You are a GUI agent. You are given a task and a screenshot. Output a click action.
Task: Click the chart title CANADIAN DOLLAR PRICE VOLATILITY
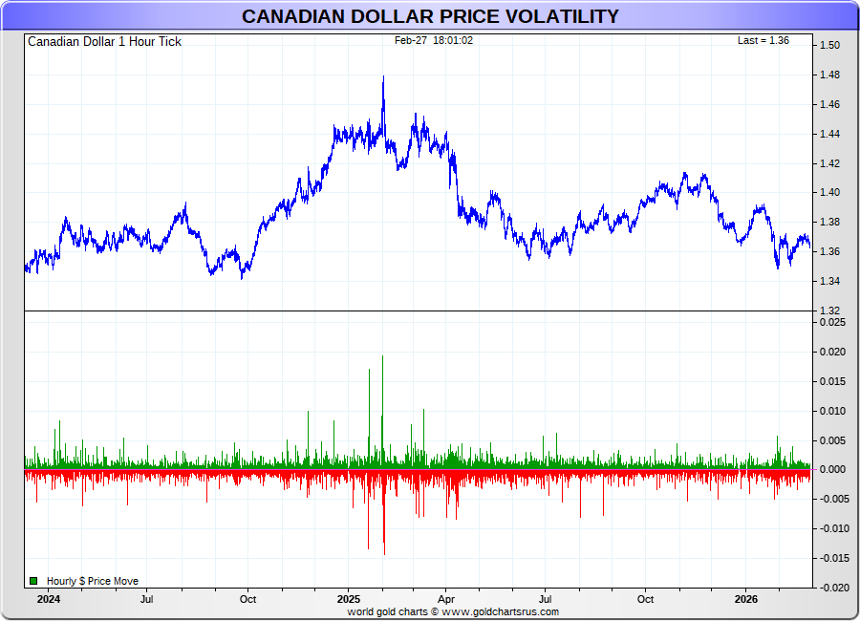tap(430, 16)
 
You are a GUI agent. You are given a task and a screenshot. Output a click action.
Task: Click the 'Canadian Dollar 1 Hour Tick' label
tap(104, 41)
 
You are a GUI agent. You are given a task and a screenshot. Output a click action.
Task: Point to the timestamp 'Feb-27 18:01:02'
tap(434, 40)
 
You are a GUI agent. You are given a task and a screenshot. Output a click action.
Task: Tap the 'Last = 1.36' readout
tap(763, 40)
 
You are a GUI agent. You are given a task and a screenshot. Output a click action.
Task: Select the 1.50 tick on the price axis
tap(828, 46)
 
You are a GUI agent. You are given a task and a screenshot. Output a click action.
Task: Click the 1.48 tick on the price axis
tap(828, 75)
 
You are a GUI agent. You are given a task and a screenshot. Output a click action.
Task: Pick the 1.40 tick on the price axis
tap(828, 193)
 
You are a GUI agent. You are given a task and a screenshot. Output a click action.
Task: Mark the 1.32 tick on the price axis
tap(828, 310)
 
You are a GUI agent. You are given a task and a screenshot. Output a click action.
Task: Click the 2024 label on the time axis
tap(48, 600)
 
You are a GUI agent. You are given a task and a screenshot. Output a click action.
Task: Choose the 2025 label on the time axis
tap(348, 600)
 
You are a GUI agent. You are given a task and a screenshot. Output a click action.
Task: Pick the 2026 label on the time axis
tap(746, 600)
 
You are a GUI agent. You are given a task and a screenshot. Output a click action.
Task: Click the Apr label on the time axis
tap(446, 600)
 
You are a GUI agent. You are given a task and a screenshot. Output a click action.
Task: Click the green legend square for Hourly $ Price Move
tap(34, 581)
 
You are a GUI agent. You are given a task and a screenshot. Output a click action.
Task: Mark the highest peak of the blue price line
tap(383, 77)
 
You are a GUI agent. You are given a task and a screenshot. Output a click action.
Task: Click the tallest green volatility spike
tap(383, 356)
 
